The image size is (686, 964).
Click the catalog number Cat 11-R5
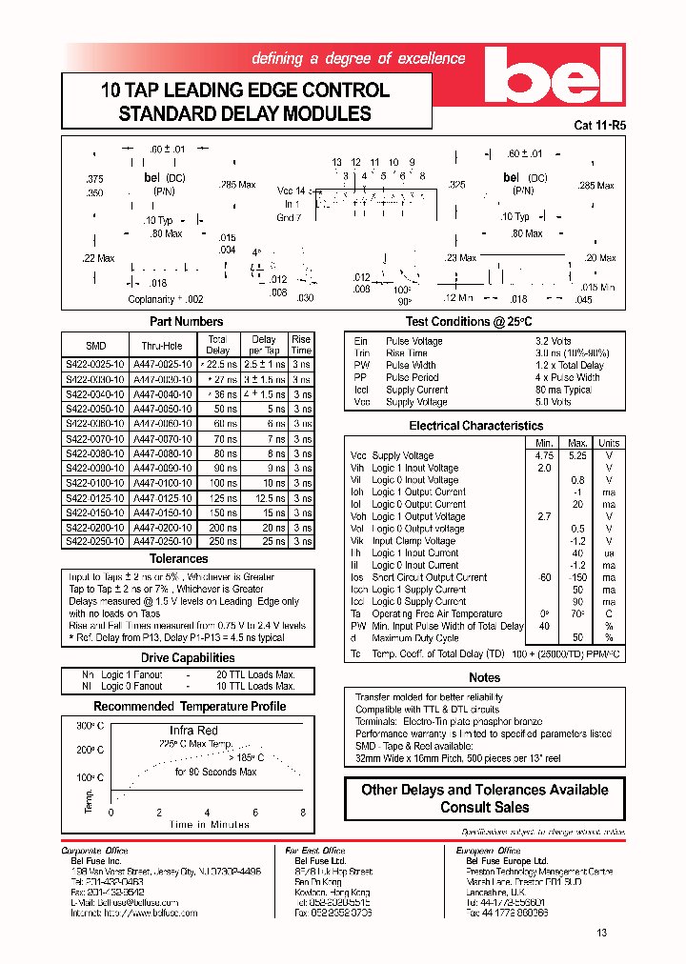point(599,125)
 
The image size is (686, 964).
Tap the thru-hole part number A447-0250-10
point(163,540)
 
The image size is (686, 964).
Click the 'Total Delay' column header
point(217,345)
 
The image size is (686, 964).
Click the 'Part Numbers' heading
point(186,322)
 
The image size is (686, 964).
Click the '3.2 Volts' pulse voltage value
point(554,341)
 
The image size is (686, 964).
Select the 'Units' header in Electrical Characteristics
point(608,443)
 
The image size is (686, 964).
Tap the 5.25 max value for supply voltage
point(577,455)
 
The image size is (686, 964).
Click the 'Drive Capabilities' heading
point(188,658)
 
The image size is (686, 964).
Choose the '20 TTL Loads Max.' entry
point(256,674)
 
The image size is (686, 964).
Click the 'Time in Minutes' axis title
point(209,825)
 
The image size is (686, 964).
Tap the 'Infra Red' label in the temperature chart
point(193,731)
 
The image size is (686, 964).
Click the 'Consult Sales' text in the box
point(485,807)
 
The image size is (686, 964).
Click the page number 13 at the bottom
point(601,933)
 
